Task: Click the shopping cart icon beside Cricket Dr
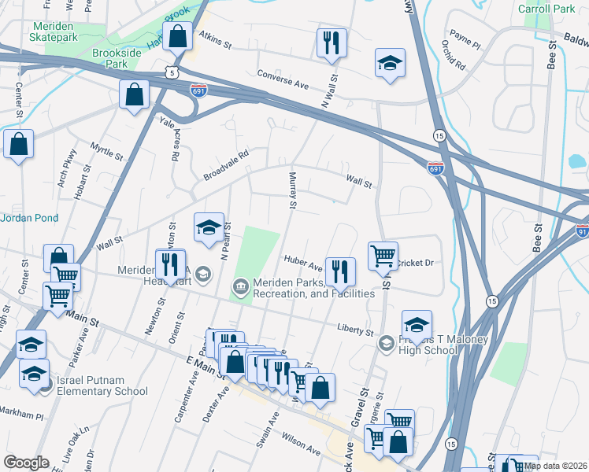(x=383, y=255)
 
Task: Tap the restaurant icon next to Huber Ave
(x=340, y=271)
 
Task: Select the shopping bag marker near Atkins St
(x=179, y=36)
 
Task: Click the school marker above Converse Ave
(x=389, y=64)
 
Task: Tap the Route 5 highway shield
(x=172, y=72)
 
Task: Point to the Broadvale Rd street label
(x=226, y=164)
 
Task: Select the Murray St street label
(x=292, y=191)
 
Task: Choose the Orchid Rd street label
(x=456, y=54)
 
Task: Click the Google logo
(x=26, y=462)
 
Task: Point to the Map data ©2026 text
(x=555, y=466)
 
